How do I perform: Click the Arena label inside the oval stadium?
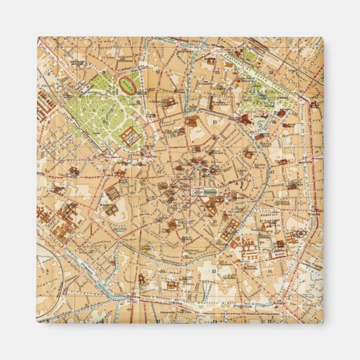pyautogui.click(x=130, y=86)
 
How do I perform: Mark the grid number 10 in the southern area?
pyautogui.click(x=163, y=271)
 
